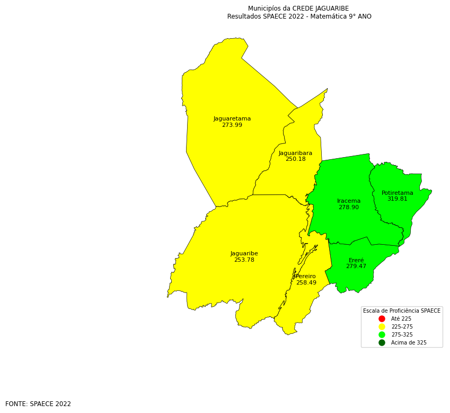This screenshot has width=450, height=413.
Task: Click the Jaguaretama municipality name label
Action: pos(232,119)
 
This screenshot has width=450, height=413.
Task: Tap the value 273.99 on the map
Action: pos(232,125)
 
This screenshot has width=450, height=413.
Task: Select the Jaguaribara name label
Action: pos(295,153)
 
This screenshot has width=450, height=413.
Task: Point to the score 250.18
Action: pos(295,159)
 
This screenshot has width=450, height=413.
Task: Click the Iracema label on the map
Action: pos(349,201)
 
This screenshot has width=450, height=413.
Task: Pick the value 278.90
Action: pos(349,207)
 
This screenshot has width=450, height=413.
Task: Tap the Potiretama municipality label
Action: pos(398,193)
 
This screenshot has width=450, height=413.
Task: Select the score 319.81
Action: pos(398,199)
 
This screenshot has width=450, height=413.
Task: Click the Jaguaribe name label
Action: pos(244,253)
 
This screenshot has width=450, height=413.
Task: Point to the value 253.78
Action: pos(244,260)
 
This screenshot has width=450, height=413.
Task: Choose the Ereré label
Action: pos(356,260)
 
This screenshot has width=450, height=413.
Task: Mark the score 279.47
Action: pos(356,266)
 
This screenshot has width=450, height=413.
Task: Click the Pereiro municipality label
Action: pos(306,276)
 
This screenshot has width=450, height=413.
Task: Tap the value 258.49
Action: pos(306,283)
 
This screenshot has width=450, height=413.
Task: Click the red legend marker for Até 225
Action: pos(382,319)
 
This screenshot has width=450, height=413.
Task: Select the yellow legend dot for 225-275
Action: pos(382,326)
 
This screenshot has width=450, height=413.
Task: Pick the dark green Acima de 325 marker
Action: pos(382,342)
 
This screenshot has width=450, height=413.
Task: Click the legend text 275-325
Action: pos(402,335)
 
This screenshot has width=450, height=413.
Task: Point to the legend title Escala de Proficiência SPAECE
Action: pos(402,311)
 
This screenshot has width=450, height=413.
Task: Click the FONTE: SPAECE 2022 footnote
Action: pos(38,404)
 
